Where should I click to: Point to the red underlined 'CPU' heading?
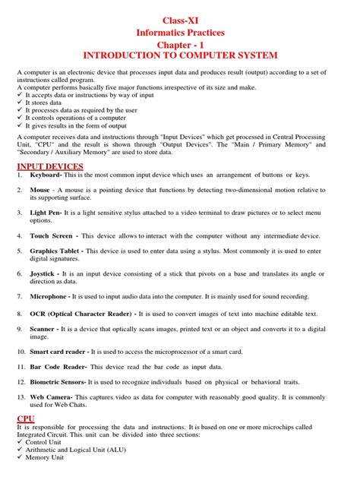coord(25,418)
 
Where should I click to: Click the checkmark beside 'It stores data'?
coord(21,103)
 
